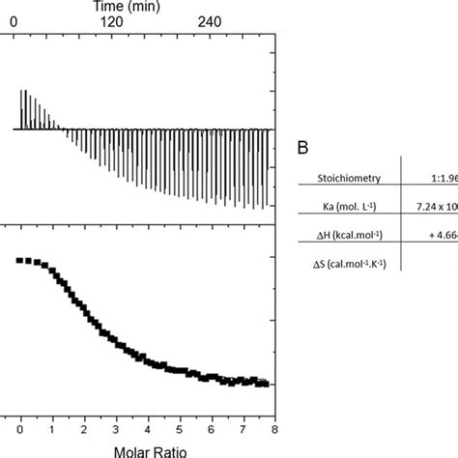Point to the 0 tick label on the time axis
(x=12, y=22)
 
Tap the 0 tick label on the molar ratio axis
(x=19, y=425)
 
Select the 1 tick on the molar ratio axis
(x=51, y=425)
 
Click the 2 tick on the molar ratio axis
(x=83, y=425)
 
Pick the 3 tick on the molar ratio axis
(x=115, y=425)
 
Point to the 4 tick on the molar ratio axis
(x=147, y=425)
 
